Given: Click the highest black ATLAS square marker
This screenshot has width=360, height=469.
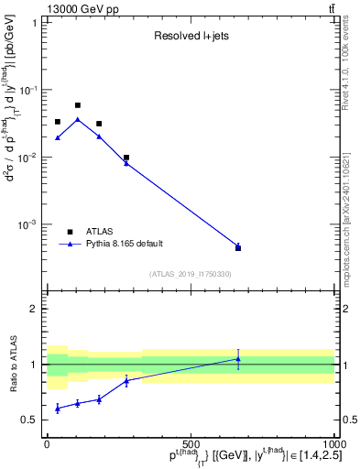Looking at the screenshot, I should tap(78, 105).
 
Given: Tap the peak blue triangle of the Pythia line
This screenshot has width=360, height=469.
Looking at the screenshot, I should tap(78, 119).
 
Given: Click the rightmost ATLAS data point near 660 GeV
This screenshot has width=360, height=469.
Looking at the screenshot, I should tap(238, 247).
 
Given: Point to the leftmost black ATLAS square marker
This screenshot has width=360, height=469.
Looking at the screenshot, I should tap(57, 122).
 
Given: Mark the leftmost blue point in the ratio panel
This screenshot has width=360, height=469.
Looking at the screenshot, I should tap(57, 408).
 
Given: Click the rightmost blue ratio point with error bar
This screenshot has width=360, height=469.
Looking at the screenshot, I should tap(238, 358).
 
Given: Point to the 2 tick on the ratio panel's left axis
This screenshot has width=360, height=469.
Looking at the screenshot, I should tap(33, 309).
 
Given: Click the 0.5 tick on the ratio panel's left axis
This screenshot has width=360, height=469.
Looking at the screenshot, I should tap(29, 420).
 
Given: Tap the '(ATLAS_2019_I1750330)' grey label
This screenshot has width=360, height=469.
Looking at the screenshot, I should tap(191, 274).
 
